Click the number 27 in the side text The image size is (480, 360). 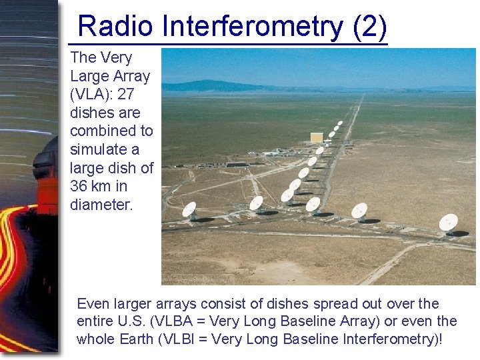pos(126,95)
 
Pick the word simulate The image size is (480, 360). pos(100,149)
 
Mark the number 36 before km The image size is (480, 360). pos(81,186)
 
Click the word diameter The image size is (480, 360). pos(101,205)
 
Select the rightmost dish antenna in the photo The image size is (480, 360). pos(448,222)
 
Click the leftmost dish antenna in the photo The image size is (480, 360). pos(189,211)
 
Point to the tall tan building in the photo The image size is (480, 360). pos(316,137)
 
